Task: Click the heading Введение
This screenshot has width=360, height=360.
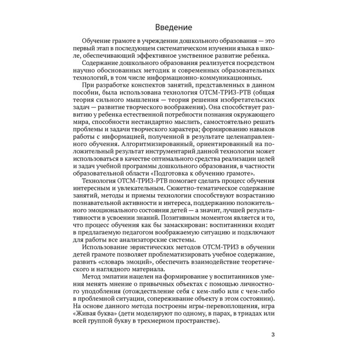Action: point(180,26)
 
